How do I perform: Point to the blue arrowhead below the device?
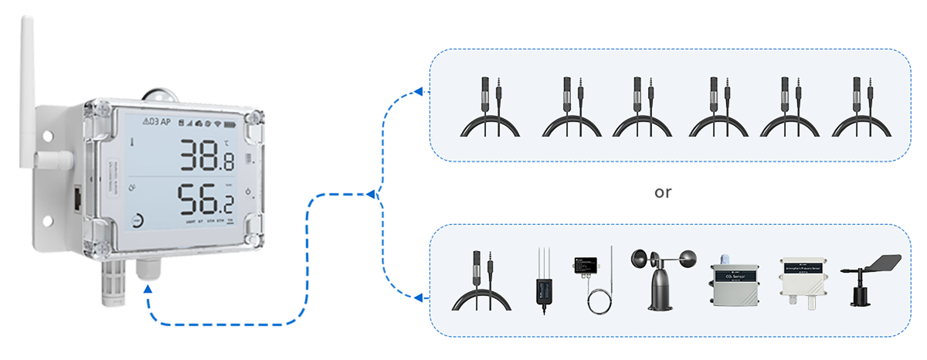(148, 290)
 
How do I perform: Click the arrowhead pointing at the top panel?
(418, 93)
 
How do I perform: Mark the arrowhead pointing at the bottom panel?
(418, 297)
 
